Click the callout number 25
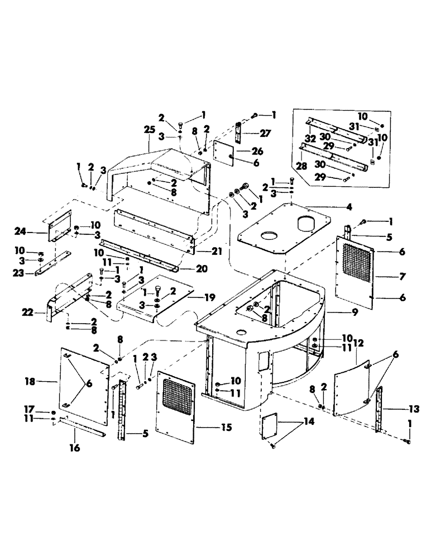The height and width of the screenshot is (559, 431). pos(149,130)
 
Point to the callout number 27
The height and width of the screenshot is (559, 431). pos(265,133)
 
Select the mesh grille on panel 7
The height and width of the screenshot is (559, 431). pos(356,257)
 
